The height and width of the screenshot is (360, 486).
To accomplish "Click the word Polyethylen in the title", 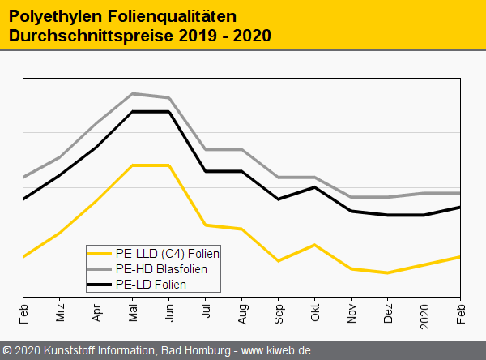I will point(51,15).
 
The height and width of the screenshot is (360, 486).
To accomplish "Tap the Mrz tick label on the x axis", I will point(60,311).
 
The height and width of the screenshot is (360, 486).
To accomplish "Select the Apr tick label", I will point(96,311).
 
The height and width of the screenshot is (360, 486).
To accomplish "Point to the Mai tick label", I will point(133,311).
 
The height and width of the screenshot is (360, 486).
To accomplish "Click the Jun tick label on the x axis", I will point(169,311).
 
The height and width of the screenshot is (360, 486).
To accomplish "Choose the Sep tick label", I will point(279,311).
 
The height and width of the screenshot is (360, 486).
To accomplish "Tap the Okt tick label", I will point(315,311).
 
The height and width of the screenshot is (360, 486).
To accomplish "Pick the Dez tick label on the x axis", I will point(388,311).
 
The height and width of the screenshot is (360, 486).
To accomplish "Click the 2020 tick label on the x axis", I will point(424,309).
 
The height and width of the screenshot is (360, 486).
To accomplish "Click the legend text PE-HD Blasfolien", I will point(161,268).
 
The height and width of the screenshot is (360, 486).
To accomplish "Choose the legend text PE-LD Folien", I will point(151,285).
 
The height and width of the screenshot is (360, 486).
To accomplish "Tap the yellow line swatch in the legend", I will point(100,253).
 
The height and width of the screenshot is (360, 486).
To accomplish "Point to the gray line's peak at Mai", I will point(133,94).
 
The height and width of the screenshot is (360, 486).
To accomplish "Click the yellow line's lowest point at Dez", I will point(388,272).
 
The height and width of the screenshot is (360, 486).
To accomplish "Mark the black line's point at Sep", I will point(279,199).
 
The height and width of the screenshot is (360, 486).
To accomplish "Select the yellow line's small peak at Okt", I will point(315,245).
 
